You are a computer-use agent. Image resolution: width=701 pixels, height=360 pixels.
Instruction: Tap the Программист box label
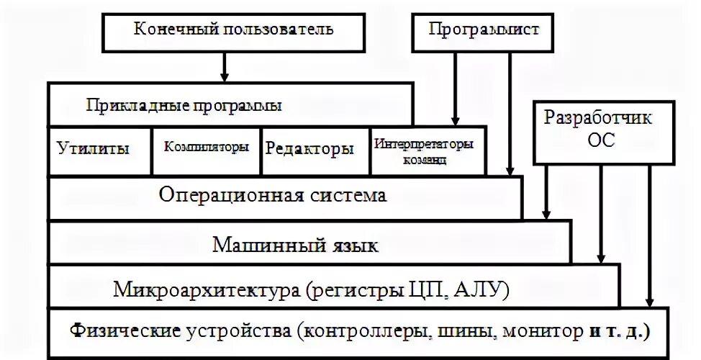coord(484,30)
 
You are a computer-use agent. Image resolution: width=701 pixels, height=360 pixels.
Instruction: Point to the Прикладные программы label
coord(184,106)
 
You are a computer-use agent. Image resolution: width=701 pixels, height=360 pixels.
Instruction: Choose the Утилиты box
coord(93,150)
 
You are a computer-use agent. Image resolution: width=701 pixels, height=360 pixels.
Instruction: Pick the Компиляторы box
coord(207,147)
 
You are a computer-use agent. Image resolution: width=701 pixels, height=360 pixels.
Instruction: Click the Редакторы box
coord(310,150)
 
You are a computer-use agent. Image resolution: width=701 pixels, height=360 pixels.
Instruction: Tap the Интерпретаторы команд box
coord(424,151)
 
